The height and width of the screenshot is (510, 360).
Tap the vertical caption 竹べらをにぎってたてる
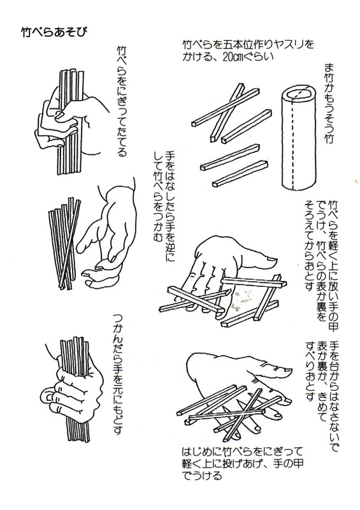coord(121,99)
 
